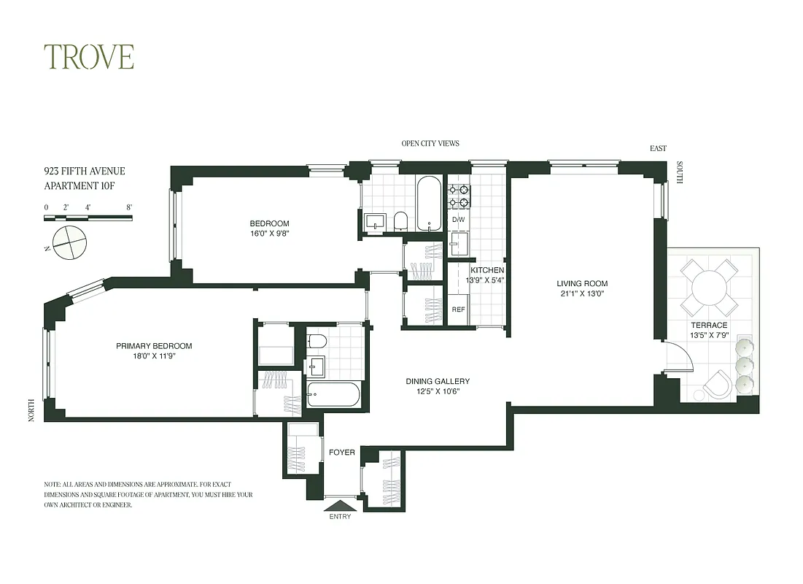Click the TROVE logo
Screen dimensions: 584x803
point(88,57)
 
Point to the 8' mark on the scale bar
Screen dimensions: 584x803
point(130,207)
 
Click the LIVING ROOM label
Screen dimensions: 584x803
point(582,284)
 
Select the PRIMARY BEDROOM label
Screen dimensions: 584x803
point(154,346)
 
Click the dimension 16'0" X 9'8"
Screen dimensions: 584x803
point(269,234)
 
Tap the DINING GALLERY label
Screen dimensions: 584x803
point(438,381)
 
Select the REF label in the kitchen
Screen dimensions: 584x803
point(458,310)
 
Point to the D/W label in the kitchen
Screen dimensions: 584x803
point(458,220)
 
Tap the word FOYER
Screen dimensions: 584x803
point(341,453)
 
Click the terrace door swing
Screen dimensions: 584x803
point(677,358)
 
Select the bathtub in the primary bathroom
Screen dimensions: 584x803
point(333,394)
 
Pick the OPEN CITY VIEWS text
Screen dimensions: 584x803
point(430,143)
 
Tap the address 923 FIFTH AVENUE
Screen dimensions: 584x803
point(85,172)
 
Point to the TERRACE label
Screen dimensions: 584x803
point(709,325)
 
